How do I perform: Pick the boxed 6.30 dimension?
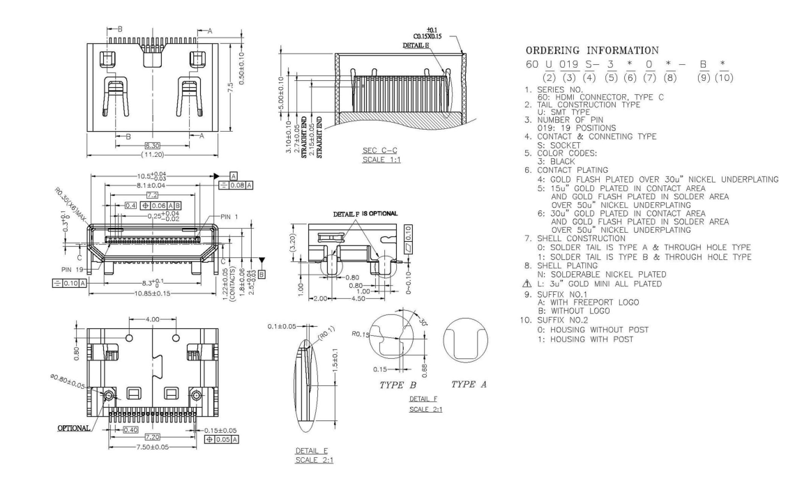coord(152,145)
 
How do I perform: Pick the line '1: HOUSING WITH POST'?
coord(592,339)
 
